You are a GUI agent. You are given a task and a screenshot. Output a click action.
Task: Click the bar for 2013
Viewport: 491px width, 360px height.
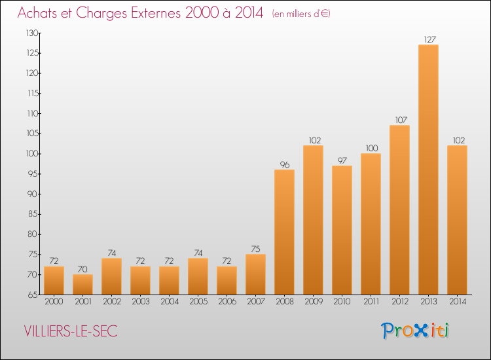pyautogui.click(x=428, y=170)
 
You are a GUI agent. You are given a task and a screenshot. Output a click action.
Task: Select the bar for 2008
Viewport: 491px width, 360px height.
pyautogui.click(x=284, y=232)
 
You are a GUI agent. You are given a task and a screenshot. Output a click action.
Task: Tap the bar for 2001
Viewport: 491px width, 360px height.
pyautogui.click(x=82, y=285)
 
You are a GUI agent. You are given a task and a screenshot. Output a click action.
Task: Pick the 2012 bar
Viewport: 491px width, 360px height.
pyautogui.click(x=399, y=209)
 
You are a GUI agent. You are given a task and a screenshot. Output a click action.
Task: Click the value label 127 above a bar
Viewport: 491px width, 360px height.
pyautogui.click(x=429, y=39)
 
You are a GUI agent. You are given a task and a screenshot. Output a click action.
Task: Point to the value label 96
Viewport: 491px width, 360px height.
pyautogui.click(x=285, y=165)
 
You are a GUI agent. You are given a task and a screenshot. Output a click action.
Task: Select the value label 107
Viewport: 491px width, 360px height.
pyautogui.click(x=401, y=120)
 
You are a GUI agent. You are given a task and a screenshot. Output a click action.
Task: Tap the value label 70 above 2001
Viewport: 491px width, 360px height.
pyautogui.click(x=82, y=269)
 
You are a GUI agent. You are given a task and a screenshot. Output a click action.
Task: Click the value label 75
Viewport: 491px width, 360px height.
pyautogui.click(x=255, y=249)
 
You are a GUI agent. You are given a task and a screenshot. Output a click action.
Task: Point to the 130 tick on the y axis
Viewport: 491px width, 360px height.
pyautogui.click(x=32, y=33)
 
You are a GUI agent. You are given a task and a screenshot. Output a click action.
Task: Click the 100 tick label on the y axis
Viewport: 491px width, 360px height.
pyautogui.click(x=32, y=154)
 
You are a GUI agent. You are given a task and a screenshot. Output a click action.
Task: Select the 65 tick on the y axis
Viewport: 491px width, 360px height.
pyautogui.click(x=33, y=295)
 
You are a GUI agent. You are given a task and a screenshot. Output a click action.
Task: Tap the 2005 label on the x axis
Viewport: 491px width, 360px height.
pyautogui.click(x=198, y=301)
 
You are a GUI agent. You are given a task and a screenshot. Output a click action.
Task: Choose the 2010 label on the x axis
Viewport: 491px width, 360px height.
pyautogui.click(x=342, y=301)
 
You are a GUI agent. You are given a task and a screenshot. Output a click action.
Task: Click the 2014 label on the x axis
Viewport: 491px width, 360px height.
pyautogui.click(x=458, y=301)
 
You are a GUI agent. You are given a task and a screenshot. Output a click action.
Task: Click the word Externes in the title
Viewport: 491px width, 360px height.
pyautogui.click(x=156, y=13)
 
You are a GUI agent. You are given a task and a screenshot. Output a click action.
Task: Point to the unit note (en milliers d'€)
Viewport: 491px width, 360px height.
pyautogui.click(x=301, y=14)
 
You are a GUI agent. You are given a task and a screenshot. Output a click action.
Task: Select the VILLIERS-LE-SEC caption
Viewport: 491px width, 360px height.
pyautogui.click(x=71, y=331)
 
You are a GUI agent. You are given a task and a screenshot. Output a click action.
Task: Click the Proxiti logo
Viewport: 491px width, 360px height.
pyautogui.click(x=415, y=331)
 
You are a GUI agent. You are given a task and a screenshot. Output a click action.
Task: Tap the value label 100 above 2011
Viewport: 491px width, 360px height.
pyautogui.click(x=372, y=148)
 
